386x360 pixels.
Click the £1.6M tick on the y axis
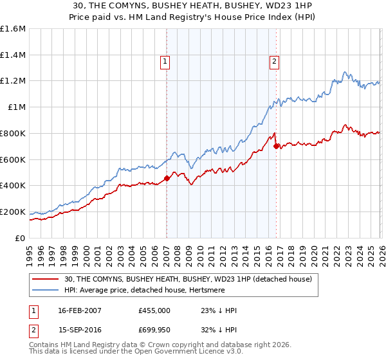coord(13,29)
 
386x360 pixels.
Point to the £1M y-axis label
coord(16,107)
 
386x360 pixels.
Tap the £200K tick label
coord(13,212)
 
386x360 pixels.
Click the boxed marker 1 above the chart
coord(165,62)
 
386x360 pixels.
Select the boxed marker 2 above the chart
coord(274,62)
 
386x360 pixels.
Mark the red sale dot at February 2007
coord(167,178)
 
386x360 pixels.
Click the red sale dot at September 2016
coord(276,146)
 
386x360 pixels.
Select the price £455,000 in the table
coord(154,310)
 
